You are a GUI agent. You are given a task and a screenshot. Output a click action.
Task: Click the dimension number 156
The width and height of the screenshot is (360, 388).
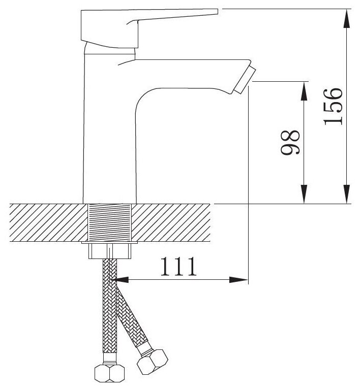(x=333, y=107)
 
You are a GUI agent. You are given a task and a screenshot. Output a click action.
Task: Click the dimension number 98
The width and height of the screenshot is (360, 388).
(x=290, y=142)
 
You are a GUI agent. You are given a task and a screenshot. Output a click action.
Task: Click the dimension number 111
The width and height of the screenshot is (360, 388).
(x=178, y=266)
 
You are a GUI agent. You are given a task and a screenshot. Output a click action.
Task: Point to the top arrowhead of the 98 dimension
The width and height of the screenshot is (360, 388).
(x=304, y=91)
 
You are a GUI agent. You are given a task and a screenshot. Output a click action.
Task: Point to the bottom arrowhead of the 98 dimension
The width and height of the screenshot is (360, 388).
(x=304, y=194)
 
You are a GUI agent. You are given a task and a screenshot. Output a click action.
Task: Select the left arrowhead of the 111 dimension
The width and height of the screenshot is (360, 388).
(x=121, y=280)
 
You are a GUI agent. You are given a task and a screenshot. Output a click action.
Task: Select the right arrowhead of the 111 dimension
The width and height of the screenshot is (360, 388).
(x=238, y=280)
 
